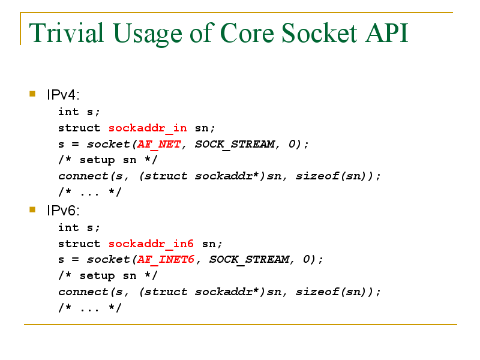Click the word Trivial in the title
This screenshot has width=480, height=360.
point(67,33)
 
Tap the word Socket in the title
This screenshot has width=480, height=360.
point(319,33)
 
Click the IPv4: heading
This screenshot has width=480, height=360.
point(63,95)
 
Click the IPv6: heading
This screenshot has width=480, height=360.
point(63,211)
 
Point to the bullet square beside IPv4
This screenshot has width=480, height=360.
point(32,94)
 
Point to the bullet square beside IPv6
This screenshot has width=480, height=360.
point(32,209)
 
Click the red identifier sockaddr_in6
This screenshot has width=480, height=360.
point(151,244)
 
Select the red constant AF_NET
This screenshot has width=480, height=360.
point(159,144)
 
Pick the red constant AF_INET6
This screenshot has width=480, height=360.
point(166,260)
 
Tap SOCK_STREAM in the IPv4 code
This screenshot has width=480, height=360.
point(235,144)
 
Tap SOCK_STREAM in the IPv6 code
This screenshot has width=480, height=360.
point(249,260)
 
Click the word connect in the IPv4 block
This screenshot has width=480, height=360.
point(83,176)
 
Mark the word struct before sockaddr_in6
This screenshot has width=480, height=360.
point(79,244)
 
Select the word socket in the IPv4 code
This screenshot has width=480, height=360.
point(109,144)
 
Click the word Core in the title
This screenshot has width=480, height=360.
point(247,33)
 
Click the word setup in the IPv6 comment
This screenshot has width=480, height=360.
point(97,276)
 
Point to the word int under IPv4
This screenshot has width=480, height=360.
point(68,112)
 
